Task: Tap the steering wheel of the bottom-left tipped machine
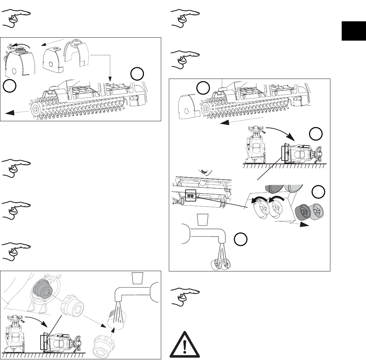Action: (x=79, y=341)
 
